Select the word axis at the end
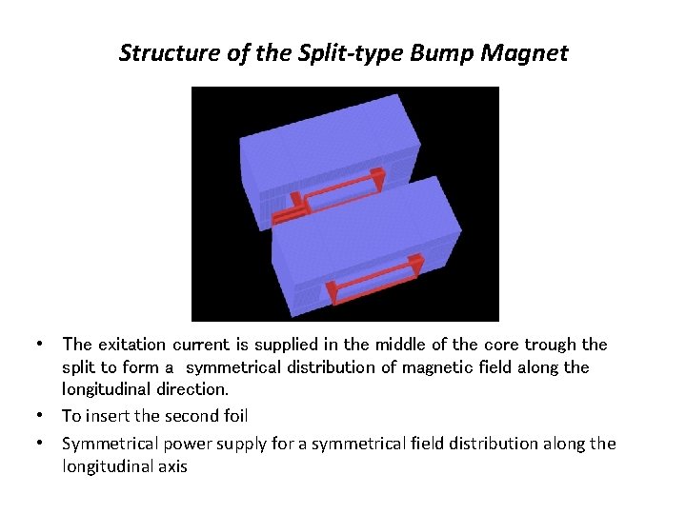(x=171, y=466)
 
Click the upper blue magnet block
(x=324, y=143)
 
